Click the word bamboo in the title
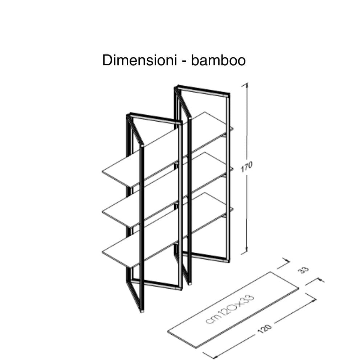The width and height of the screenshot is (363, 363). click(x=218, y=61)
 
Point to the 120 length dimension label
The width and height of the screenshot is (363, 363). click(x=264, y=329)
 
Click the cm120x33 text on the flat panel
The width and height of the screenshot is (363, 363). click(x=230, y=309)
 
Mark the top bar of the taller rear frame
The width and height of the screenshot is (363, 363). click(x=203, y=90)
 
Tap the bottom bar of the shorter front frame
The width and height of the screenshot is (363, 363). click(x=156, y=284)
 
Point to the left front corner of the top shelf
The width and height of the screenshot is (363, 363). click(x=103, y=172)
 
